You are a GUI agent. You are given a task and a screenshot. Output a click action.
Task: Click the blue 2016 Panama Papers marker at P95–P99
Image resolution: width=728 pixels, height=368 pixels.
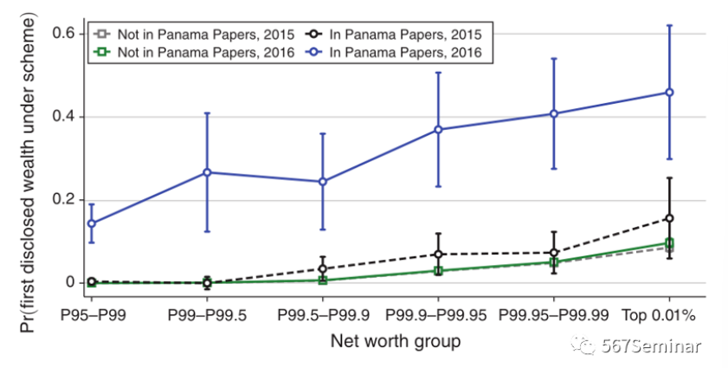92,223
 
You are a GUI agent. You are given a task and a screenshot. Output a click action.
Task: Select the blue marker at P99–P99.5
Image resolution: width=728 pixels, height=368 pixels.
207,172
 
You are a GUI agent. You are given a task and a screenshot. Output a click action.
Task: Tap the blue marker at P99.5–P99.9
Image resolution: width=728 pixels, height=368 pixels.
323,182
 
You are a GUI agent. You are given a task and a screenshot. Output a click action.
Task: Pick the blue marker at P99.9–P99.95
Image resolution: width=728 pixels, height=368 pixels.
438,130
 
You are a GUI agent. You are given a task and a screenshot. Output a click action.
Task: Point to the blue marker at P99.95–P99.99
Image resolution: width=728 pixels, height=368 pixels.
554,113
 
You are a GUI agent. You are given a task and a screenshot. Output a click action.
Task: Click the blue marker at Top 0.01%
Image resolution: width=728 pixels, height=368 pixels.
669,93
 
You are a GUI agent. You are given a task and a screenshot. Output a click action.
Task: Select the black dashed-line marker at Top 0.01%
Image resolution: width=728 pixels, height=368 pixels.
669,218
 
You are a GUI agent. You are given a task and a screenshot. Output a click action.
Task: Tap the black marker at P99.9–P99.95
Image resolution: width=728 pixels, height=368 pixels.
438,255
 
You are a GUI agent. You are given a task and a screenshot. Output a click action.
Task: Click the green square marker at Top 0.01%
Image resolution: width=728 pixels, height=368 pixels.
669,243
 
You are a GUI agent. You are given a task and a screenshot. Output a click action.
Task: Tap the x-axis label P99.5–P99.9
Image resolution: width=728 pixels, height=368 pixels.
323,312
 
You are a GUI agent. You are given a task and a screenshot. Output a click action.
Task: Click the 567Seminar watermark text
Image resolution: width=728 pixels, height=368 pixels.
652,347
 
